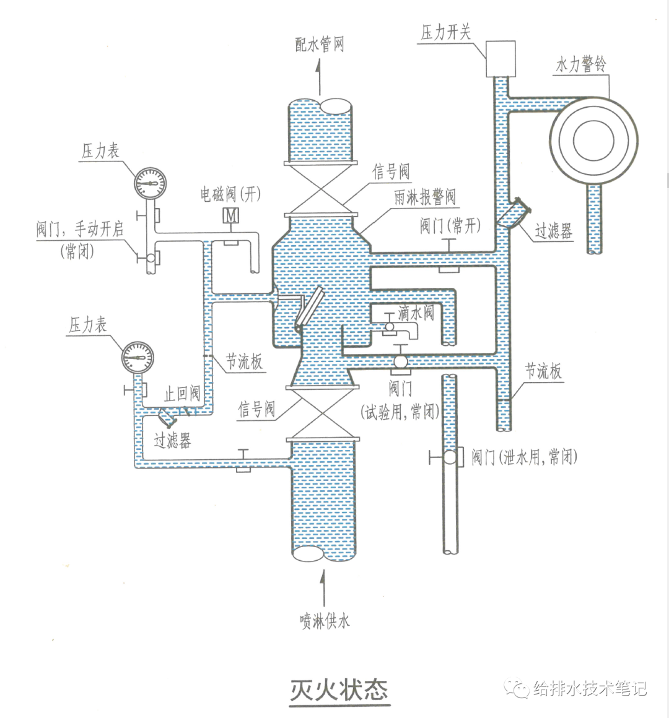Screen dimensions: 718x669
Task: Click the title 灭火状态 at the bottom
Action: [x=339, y=690]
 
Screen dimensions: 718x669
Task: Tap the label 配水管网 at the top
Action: [x=319, y=44]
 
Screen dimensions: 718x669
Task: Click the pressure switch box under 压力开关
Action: [x=500, y=58]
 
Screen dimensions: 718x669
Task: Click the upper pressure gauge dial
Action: [x=150, y=183]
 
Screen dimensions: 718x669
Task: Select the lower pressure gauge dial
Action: [x=138, y=357]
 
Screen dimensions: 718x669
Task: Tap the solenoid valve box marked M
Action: [x=231, y=215]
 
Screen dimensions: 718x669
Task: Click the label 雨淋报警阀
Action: [x=425, y=197]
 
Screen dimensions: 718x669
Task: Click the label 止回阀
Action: [x=182, y=392]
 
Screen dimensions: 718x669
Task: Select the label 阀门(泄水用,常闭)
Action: [x=524, y=457]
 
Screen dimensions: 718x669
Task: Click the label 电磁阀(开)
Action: [x=230, y=194]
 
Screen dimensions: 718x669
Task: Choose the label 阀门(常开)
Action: [x=450, y=225]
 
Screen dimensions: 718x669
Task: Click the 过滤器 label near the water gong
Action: [x=554, y=231]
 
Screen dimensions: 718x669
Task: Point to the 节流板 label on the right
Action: [x=543, y=371]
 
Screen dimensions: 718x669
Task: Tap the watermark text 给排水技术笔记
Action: [x=589, y=688]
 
